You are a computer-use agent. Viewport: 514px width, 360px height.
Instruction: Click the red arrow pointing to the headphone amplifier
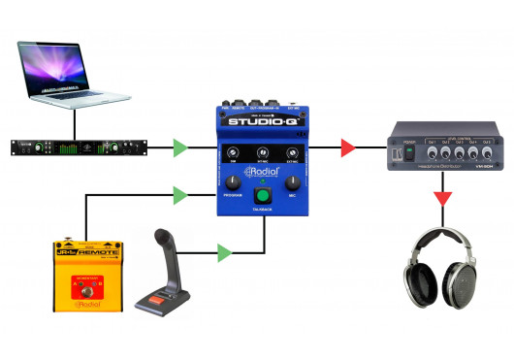point(346,148)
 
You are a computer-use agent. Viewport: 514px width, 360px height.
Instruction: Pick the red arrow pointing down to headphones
point(442,199)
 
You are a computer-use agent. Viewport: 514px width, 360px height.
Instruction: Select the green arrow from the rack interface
point(179,148)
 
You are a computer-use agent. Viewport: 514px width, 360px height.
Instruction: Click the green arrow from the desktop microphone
point(225,254)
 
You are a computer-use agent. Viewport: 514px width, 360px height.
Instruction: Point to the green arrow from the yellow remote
point(179,195)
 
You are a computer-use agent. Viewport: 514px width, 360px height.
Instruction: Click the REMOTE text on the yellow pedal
point(100,252)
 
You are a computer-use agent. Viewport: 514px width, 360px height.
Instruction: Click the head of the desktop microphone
point(163,240)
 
